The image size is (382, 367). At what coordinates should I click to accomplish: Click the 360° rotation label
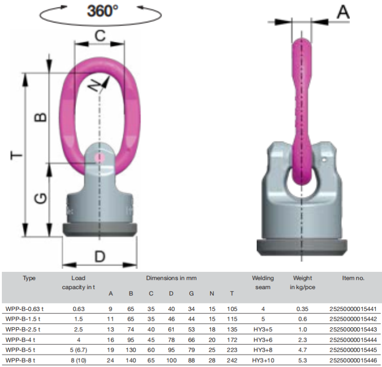(x=102, y=11)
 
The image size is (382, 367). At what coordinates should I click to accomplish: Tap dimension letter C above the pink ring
(x=100, y=36)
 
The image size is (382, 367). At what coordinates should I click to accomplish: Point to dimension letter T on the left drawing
(x=17, y=155)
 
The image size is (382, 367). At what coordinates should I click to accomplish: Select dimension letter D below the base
(x=100, y=256)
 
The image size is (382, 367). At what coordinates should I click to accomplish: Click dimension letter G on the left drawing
(x=41, y=198)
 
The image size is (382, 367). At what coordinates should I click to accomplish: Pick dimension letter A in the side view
(x=343, y=12)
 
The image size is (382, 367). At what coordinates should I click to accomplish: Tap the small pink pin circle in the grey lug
(x=99, y=158)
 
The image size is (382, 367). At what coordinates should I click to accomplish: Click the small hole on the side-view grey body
(x=324, y=160)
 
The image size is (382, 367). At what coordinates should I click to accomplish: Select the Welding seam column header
(x=263, y=283)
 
